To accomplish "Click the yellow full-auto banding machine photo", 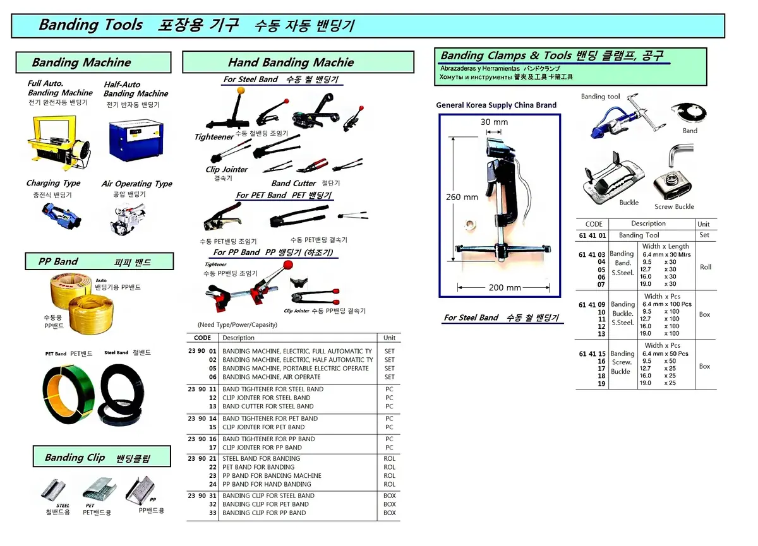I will coord(57,143).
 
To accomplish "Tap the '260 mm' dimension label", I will coord(462,197).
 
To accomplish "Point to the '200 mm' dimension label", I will coord(505,287).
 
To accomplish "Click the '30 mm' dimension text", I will coord(494,122).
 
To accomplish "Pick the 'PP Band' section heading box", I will coord(97,261).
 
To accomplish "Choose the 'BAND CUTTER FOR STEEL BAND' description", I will coord(268,407).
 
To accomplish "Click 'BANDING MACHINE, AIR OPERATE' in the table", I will coord(272,377).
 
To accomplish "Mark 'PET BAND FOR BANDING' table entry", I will coord(258,467).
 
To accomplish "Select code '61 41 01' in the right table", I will coord(592,235).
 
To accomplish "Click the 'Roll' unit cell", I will coord(706,267).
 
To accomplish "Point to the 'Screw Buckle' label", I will coord(674,206).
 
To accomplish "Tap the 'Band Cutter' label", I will coord(294,183).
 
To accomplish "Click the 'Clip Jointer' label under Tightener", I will coord(226,169).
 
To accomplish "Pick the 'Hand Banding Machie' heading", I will coord(291,62).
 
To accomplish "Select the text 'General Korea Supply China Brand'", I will coord(496,105).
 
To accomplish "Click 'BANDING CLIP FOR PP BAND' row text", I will coord(264,513).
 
